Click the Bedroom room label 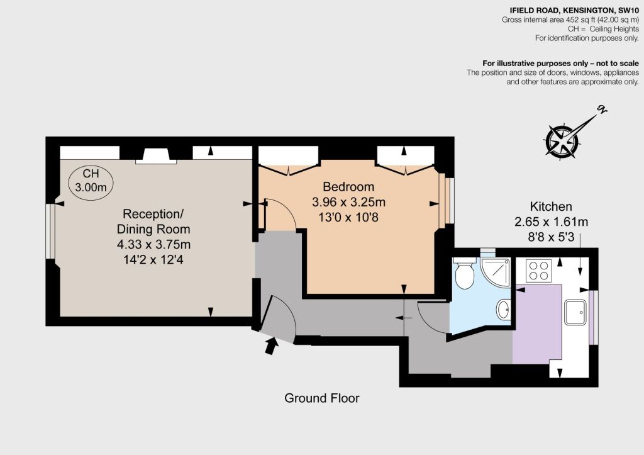tap(348, 187)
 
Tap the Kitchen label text tap(551, 206)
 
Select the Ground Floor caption tap(322, 398)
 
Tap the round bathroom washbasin tap(503, 309)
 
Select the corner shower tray tap(495, 272)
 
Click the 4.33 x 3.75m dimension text tap(153, 244)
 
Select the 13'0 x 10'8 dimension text tap(348, 217)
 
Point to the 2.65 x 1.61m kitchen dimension tap(551, 222)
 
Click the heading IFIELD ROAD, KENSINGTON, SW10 tap(574, 11)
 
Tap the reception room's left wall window tap(50, 232)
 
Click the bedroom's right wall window tap(447, 201)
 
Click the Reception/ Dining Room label tap(153, 222)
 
